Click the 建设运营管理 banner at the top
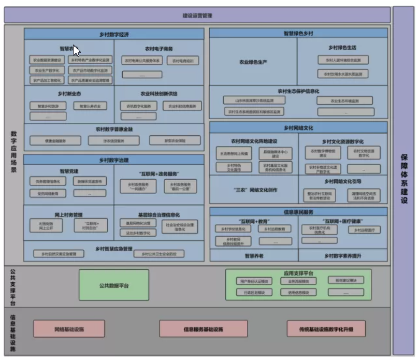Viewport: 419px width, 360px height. pyautogui.click(x=197, y=16)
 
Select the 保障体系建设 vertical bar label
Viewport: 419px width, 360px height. pyautogui.click(x=404, y=179)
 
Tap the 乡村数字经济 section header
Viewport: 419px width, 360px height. pyautogui.click(x=114, y=35)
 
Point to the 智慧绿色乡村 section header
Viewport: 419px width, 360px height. pyautogui.click(x=298, y=33)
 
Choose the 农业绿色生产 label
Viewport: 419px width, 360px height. pyautogui.click(x=253, y=62)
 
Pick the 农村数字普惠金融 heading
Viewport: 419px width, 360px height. pyautogui.click(x=114, y=129)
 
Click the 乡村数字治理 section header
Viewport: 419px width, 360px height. pyautogui.click(x=114, y=161)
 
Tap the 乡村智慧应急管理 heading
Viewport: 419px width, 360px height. pyautogui.click(x=114, y=248)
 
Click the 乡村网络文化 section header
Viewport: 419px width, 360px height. pyautogui.click(x=298, y=128)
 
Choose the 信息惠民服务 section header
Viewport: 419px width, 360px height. pyautogui.click(x=298, y=212)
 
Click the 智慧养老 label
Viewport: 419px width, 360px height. pyautogui.click(x=254, y=255)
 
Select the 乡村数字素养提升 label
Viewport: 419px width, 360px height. pyautogui.click(x=342, y=255)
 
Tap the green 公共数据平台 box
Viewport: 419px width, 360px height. pyautogui.click(x=114, y=285)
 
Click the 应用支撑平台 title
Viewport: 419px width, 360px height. pyautogui.click(x=298, y=272)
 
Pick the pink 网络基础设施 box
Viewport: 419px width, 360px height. pyautogui.click(x=69, y=329)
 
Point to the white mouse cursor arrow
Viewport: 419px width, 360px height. pyautogui.click(x=76, y=50)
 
